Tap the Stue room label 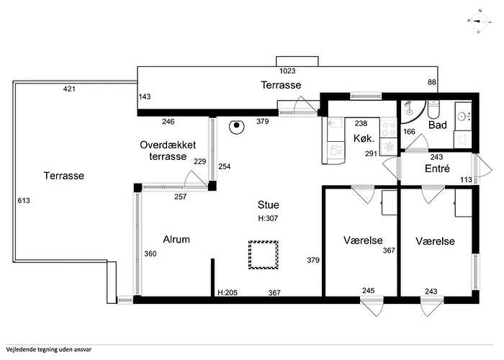(268, 204)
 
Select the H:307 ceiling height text (268, 218)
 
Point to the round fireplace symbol (237, 126)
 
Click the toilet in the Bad (433, 109)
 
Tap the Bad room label (438, 125)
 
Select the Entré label (437, 168)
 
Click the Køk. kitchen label (364, 138)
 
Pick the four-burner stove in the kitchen (389, 128)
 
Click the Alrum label (176, 239)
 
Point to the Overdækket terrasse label (168, 150)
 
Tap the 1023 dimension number (287, 71)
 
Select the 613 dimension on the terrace (24, 201)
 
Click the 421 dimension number (69, 89)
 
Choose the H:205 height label (228, 292)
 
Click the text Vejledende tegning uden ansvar (48, 350)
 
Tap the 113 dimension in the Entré (466, 180)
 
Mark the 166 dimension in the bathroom (409, 132)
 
